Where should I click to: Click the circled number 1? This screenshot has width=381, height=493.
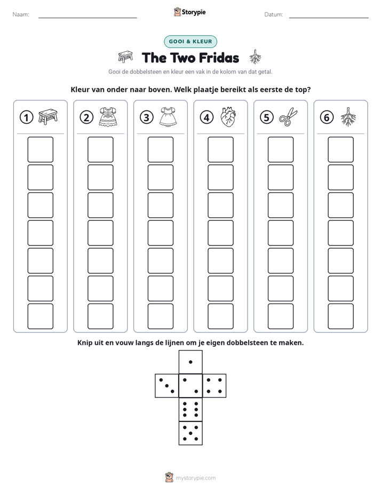(26, 117)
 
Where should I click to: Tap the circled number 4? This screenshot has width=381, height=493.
(207, 117)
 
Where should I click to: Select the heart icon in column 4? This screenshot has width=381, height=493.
(228, 117)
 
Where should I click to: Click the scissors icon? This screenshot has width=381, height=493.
(288, 117)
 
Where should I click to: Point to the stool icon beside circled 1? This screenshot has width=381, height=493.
(48, 117)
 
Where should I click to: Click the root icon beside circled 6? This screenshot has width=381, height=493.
(348, 117)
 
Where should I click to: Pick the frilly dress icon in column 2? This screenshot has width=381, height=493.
(108, 117)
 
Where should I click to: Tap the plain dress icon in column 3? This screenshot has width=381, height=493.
(168, 117)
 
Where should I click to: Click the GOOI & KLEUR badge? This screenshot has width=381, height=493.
(190, 42)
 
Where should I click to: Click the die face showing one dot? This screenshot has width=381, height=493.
(190, 362)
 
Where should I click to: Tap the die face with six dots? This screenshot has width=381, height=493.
(190, 410)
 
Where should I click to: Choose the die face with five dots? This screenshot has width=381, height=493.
(190, 433)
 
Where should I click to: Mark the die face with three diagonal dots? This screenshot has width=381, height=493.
(167, 386)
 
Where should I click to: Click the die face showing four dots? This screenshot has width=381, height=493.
(215, 386)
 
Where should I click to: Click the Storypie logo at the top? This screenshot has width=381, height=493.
(190, 12)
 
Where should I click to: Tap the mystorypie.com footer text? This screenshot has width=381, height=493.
(195, 478)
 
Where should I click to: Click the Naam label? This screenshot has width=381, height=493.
(21, 14)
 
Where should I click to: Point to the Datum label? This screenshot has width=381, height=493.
(274, 14)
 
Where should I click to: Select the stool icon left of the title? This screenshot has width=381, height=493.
(125, 57)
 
